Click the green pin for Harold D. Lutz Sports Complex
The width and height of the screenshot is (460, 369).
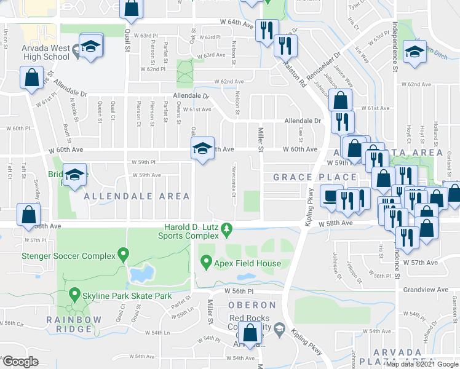click(x=227, y=229)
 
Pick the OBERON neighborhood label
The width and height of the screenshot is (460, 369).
click(x=252, y=305)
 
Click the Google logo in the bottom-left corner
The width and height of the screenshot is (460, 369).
click(x=20, y=362)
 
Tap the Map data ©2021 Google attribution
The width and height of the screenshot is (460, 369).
click(x=421, y=364)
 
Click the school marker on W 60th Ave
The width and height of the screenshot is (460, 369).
click(x=202, y=148)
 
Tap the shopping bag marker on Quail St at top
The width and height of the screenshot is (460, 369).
click(x=131, y=8)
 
